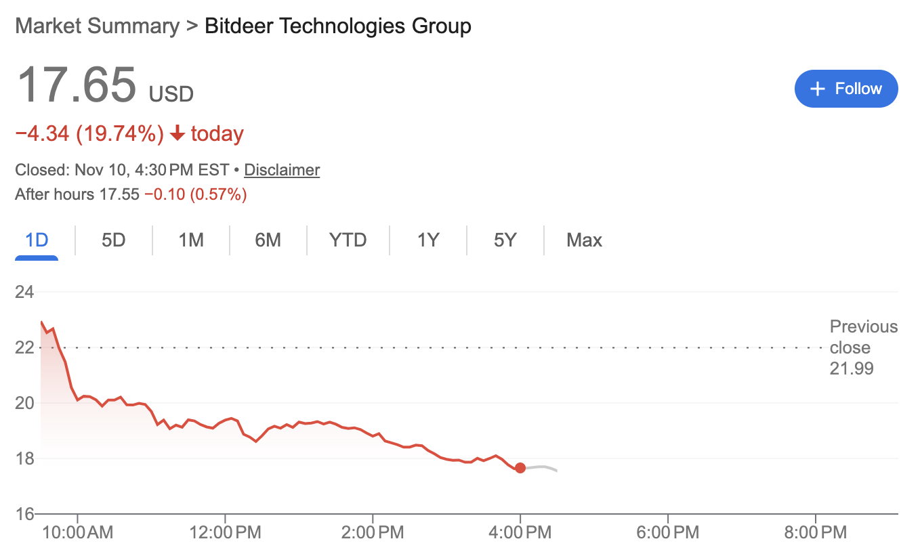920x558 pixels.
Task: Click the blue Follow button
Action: (x=846, y=89)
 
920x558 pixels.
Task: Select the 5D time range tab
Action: (x=114, y=240)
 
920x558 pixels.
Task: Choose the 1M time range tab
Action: (x=191, y=240)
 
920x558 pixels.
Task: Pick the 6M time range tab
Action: (x=268, y=240)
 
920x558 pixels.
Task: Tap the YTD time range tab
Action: (x=348, y=240)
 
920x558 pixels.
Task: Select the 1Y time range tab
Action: (x=428, y=240)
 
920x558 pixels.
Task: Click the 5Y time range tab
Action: (x=505, y=240)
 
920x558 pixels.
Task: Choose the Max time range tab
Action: (x=584, y=240)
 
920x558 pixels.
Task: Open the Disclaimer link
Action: (x=282, y=170)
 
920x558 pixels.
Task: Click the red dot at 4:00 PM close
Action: (x=520, y=468)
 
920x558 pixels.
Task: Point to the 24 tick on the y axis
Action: (x=24, y=293)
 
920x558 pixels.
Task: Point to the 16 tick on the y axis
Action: (x=24, y=514)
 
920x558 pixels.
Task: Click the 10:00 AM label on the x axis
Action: (x=77, y=533)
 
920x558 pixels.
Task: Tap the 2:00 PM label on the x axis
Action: (x=373, y=533)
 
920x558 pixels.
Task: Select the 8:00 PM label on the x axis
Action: (x=816, y=533)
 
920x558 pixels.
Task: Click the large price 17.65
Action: (x=76, y=85)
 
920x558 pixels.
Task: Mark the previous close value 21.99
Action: (x=852, y=369)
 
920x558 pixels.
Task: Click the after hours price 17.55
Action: (x=119, y=195)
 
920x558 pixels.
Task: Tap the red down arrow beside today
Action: (x=177, y=134)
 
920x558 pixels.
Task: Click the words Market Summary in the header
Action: (x=97, y=26)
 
